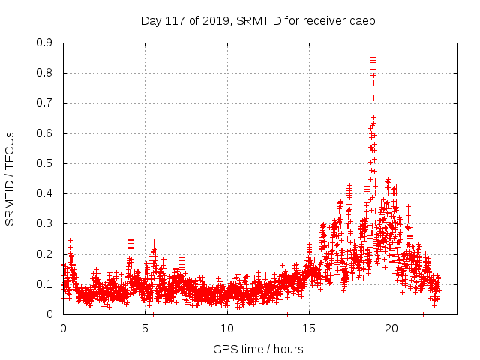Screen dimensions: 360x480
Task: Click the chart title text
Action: pyautogui.click(x=258, y=20)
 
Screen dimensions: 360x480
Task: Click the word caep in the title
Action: pyautogui.click(x=363, y=20)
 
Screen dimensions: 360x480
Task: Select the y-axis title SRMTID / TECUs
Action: pyautogui.click(x=10, y=178)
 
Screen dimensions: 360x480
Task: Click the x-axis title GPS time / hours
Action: pyautogui.click(x=258, y=349)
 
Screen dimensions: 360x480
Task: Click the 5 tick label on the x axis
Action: pyautogui.click(x=145, y=328)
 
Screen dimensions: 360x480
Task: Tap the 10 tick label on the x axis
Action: pyautogui.click(x=227, y=328)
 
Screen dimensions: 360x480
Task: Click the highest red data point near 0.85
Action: pyautogui.click(x=373, y=57)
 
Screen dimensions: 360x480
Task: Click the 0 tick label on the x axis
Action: pyautogui.click(x=63, y=328)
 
